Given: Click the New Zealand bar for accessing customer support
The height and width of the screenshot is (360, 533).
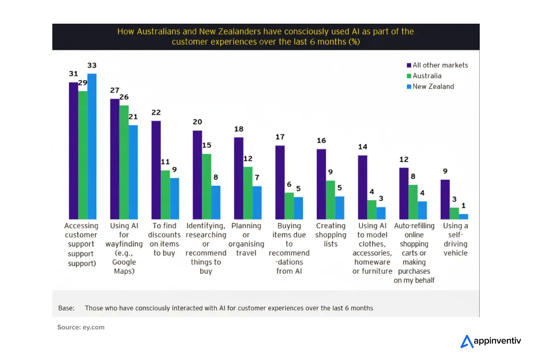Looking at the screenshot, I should [x=92, y=146].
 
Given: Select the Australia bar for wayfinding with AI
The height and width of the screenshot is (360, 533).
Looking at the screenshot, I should [x=124, y=162].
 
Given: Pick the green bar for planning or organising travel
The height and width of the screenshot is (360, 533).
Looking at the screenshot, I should [x=248, y=193].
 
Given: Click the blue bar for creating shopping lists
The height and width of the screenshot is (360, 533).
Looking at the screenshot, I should [x=340, y=208].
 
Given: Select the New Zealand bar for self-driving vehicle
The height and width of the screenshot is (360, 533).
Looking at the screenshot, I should [x=463, y=216].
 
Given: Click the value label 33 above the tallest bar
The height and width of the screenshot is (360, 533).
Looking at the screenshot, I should [x=92, y=65].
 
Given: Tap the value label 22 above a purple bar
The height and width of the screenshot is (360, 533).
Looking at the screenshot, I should [x=156, y=112].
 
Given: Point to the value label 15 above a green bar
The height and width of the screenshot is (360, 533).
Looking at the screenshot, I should [x=206, y=145].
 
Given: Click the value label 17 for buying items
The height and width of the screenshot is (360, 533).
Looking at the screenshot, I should [x=280, y=137].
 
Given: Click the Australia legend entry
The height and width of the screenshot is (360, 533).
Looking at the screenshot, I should [x=426, y=76].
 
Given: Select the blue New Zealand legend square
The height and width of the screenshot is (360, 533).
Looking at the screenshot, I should [x=409, y=87].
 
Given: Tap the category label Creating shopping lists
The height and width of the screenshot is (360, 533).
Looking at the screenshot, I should [x=331, y=235].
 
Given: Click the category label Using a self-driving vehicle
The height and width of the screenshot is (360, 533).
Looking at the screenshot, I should [x=455, y=239].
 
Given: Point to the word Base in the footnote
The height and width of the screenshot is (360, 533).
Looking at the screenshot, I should [x=66, y=308].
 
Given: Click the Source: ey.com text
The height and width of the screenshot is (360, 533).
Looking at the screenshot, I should [x=81, y=327].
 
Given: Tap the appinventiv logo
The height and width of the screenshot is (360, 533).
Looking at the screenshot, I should [x=491, y=341].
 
